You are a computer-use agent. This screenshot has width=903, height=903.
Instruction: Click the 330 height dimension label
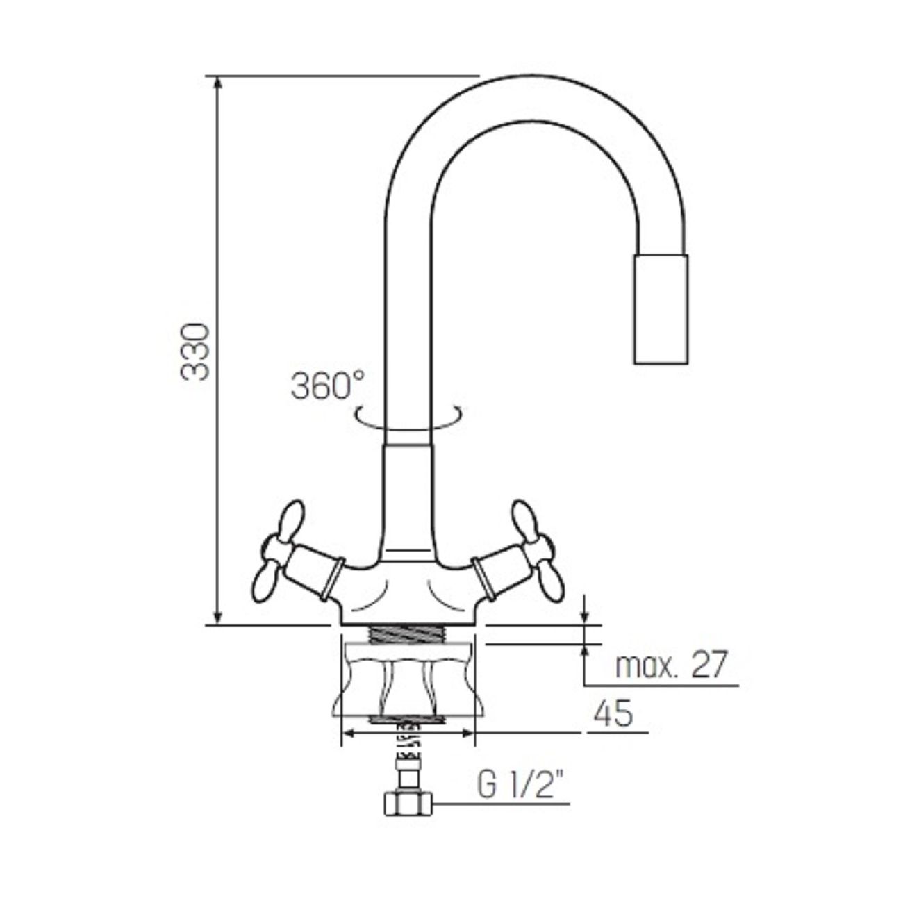[x=195, y=351]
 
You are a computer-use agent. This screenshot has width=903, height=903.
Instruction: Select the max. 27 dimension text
[x=670, y=665]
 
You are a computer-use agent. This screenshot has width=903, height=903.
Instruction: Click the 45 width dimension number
[x=613, y=714]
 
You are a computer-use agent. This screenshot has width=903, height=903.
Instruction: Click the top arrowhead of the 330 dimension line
[x=219, y=82]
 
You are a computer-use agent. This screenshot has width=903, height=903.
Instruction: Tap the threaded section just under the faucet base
[x=407, y=635]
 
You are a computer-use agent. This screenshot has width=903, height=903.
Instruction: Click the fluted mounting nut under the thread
[x=407, y=681]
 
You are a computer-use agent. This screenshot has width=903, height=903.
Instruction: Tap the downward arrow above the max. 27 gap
[x=586, y=614]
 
